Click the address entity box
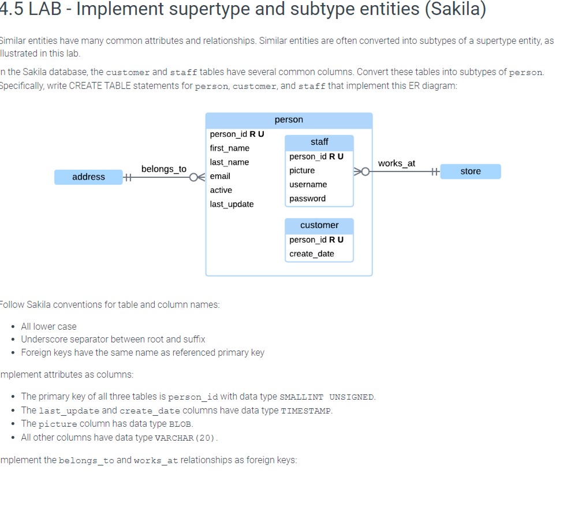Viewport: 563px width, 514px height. coord(88,177)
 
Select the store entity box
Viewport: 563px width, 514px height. coord(470,172)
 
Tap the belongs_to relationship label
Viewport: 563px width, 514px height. coord(164,169)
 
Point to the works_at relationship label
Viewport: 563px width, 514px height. coord(396,163)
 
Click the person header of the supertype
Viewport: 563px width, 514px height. coord(289,120)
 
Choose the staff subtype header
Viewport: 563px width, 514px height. coord(319,142)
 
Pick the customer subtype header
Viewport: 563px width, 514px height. coord(319,225)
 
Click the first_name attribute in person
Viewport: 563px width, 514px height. coord(230,148)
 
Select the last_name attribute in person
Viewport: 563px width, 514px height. coord(229,162)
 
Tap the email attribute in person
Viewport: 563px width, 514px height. coord(220,176)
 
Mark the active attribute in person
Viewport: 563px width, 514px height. coord(221,190)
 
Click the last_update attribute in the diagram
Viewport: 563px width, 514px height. coord(232,204)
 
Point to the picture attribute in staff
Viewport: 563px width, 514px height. coord(302,170)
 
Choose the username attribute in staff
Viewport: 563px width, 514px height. coord(308,184)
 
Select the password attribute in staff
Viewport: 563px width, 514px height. coord(307,199)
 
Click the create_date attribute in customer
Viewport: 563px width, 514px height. coord(312,254)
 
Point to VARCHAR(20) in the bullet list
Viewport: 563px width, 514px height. coord(185,438)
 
